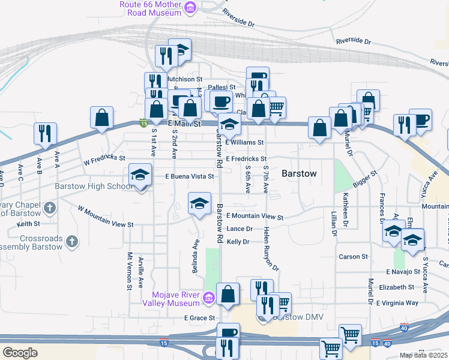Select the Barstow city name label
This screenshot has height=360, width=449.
(x=299, y=173)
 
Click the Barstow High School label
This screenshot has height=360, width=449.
(x=93, y=186)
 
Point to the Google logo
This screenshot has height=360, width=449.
(x=20, y=353)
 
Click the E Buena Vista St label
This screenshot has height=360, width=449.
(x=190, y=176)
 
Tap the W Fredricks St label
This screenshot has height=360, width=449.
(x=104, y=160)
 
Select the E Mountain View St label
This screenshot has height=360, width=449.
(x=255, y=216)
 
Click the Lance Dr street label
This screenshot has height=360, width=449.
(x=239, y=229)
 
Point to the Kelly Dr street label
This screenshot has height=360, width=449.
(x=238, y=242)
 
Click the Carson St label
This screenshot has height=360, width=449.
(x=353, y=257)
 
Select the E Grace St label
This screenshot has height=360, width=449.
(x=199, y=317)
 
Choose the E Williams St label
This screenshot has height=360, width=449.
(x=244, y=143)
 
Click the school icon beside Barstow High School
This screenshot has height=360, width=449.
(x=140, y=175)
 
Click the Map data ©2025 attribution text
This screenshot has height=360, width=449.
(x=423, y=355)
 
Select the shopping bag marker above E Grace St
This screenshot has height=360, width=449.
(x=228, y=294)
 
